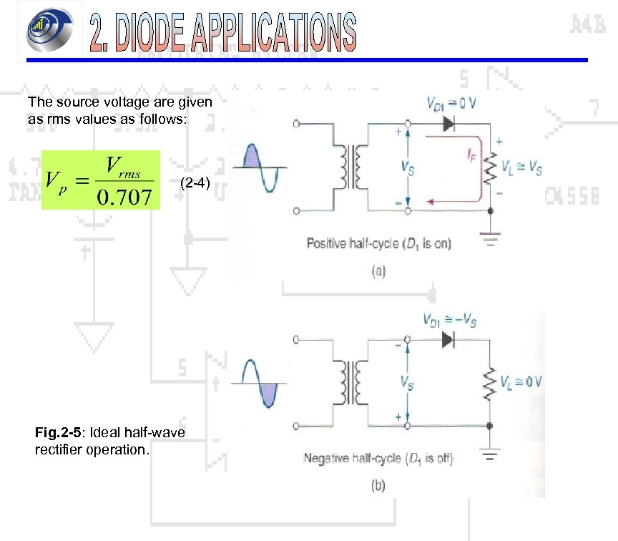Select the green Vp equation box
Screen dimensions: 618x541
(x=100, y=180)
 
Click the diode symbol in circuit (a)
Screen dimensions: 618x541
(x=448, y=124)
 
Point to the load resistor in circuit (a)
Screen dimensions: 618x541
(x=490, y=169)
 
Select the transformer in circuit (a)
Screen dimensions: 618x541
(x=350, y=167)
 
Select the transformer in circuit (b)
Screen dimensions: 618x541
(x=350, y=383)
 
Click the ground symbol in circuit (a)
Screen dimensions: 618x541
(x=490, y=240)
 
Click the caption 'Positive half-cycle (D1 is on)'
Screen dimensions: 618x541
(x=379, y=243)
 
